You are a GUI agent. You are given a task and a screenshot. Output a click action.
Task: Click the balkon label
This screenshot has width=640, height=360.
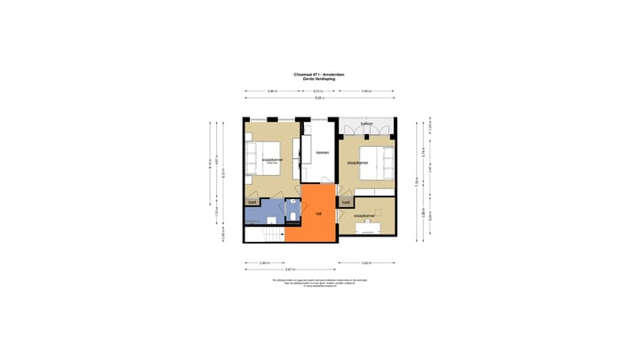point(366,124)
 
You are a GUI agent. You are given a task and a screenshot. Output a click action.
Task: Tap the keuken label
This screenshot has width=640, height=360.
point(323,152)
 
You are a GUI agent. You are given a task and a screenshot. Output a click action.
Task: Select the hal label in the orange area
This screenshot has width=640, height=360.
point(318,213)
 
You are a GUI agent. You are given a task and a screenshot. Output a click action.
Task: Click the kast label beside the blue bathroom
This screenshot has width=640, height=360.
point(252,202)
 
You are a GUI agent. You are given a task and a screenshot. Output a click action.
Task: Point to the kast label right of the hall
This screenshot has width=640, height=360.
point(345,202)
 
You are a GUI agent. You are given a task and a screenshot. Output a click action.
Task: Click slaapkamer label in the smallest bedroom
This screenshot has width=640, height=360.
point(365,216)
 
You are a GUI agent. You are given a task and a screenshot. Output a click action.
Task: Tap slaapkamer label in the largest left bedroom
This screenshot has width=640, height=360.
point(272,161)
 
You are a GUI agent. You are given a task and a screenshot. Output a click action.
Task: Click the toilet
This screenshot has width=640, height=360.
point(292,216)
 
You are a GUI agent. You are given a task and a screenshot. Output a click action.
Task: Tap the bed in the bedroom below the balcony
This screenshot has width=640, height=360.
point(382,162)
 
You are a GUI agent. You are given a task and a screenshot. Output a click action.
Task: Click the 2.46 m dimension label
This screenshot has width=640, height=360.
point(265,263)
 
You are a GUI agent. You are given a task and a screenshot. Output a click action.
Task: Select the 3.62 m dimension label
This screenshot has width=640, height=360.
point(366,263)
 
